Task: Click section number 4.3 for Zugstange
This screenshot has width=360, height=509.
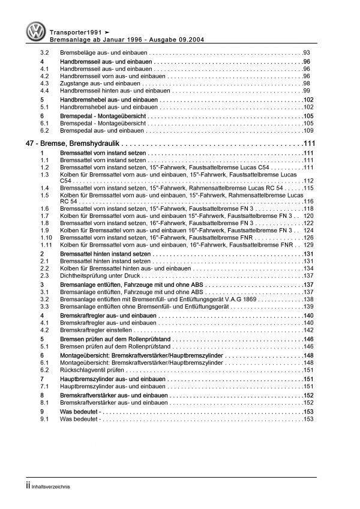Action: pyautogui.click(x=45, y=83)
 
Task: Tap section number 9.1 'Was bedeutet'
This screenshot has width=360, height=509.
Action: pyautogui.click(x=45, y=419)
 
